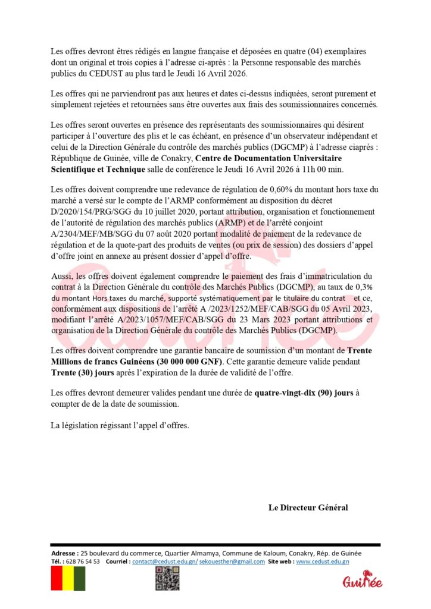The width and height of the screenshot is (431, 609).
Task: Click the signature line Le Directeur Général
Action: tap(308, 507)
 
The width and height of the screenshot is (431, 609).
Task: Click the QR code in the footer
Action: tap(167, 578)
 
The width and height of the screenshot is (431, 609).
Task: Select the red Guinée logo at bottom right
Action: tap(362, 580)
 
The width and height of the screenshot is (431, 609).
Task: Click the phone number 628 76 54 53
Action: tap(83, 561)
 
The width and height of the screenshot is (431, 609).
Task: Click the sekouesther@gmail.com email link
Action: tap(232, 561)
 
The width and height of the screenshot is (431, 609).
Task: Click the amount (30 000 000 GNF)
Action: tap(178, 361)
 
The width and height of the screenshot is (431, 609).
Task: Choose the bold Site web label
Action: tap(280, 561)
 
